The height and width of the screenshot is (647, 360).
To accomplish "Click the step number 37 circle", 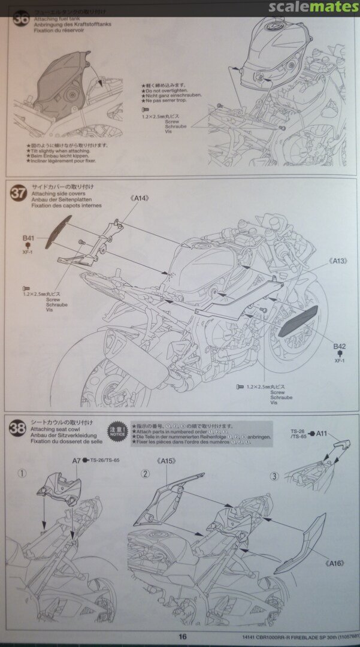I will coord(19,193).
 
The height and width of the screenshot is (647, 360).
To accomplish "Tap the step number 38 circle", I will coord(19,428).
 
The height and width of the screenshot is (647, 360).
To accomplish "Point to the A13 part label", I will coord(339,261).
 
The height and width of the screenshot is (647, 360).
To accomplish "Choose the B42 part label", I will coord(340,346).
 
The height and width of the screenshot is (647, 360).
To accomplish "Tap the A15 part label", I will coord(167,461).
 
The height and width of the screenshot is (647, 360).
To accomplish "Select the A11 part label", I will coord(322,433).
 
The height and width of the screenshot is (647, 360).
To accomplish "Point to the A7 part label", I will coord(76,460).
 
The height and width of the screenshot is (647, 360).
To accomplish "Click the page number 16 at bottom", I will coord(183,637).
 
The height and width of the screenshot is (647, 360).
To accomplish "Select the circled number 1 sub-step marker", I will coord(22,473).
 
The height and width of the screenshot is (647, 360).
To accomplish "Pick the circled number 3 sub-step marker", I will coord(274,476).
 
